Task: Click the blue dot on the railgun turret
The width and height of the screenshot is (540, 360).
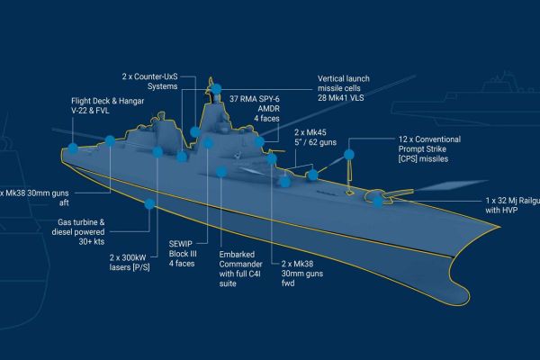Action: pyautogui.click(x=375, y=201)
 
